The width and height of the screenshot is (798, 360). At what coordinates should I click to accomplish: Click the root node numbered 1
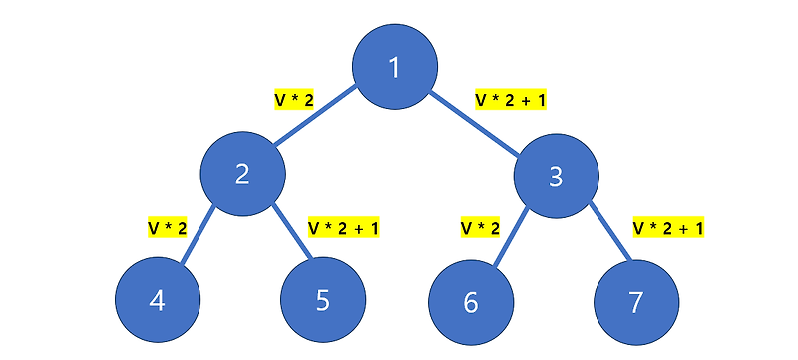(394, 68)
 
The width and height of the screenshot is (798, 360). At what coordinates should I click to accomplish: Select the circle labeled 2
(242, 174)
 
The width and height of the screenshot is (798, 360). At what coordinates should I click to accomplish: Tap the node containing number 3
(556, 177)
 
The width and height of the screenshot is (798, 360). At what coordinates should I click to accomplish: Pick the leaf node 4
(158, 301)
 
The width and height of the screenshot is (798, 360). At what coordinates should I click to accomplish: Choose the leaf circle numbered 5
(322, 301)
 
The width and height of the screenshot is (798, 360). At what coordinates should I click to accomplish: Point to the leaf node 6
(471, 302)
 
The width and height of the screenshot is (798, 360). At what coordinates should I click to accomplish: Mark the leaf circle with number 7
(636, 302)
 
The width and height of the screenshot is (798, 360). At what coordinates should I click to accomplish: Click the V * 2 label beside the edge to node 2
(294, 100)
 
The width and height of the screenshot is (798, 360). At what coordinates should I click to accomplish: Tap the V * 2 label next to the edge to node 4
(168, 228)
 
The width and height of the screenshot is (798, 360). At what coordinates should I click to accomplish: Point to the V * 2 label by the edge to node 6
(480, 228)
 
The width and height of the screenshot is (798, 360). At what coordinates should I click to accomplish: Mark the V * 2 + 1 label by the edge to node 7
(669, 228)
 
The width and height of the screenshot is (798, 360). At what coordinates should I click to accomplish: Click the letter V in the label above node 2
(280, 100)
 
